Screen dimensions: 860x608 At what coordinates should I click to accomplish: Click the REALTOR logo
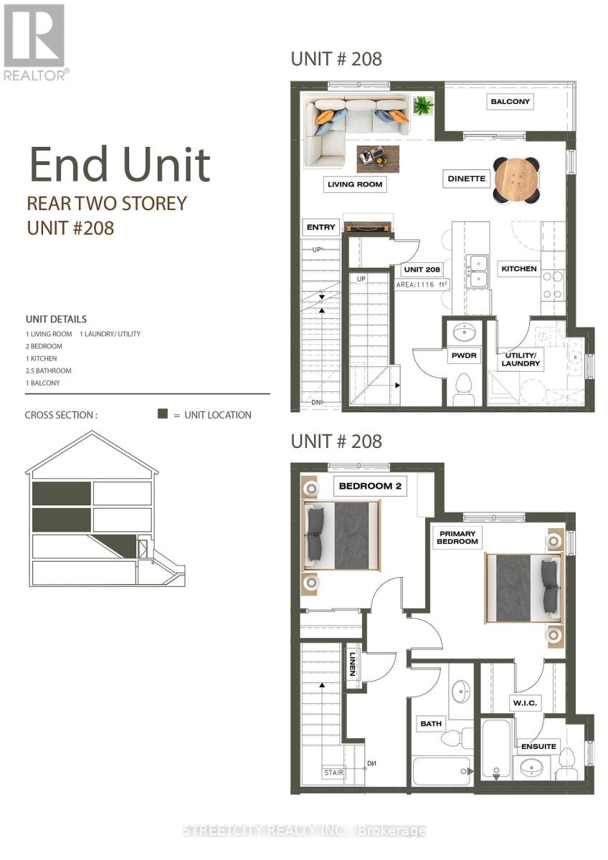coord(34,42)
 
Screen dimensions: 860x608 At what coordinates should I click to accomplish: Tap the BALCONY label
coord(510,102)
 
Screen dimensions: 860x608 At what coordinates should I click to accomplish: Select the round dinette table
coord(518,179)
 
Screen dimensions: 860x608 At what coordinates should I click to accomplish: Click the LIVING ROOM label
coord(355,185)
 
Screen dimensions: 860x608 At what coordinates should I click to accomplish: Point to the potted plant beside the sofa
coord(423,106)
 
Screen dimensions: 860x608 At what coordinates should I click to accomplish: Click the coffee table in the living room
coord(378,158)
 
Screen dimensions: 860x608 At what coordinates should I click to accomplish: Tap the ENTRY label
coord(320,227)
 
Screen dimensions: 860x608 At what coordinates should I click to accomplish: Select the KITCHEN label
coord(519,269)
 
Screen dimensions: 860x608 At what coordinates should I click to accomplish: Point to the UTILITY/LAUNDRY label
coord(521,360)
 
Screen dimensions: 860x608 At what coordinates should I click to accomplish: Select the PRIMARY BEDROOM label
coord(458,537)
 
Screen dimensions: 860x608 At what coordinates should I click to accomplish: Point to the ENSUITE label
coord(538,746)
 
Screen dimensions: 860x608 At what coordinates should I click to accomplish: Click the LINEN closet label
coord(353,666)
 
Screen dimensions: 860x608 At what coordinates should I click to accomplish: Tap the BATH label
coord(431,724)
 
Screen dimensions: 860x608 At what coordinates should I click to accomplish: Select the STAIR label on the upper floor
coord(333,773)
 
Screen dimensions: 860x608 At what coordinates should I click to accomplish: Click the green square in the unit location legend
coord(163,414)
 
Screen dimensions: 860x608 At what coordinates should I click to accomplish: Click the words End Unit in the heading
coord(120,165)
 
